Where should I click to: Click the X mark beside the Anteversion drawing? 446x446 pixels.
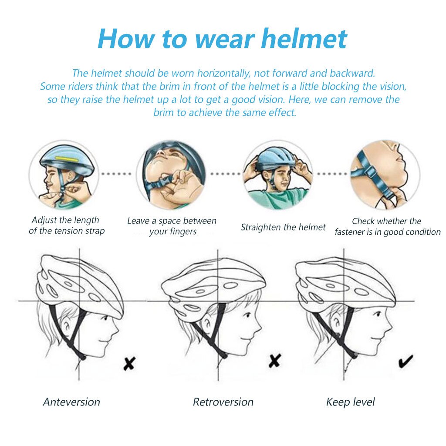point(129,363)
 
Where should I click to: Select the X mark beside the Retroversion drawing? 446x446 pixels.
point(274,360)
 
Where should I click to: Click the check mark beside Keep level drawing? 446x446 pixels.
point(405,361)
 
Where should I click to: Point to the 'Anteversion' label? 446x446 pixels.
point(71,402)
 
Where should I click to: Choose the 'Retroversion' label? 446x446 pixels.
point(223,402)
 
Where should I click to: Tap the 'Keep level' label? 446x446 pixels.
point(350,402)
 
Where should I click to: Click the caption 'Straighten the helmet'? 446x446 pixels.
point(283,227)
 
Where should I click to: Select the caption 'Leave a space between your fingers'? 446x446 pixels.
point(172,226)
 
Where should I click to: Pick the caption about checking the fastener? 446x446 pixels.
point(387,226)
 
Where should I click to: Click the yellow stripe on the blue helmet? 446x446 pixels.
point(65,160)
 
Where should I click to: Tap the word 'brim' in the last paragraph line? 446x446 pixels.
point(164,112)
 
